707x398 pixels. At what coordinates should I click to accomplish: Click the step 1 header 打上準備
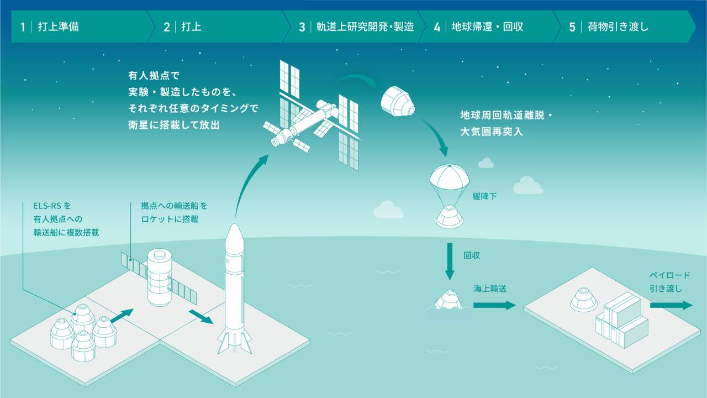coord(59,27)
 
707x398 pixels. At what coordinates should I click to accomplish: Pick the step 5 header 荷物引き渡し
coord(615,27)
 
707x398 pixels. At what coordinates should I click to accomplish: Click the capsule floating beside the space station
coord(397,101)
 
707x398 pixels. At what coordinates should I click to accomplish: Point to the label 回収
coord(471,256)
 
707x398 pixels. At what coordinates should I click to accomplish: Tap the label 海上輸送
coord(490,288)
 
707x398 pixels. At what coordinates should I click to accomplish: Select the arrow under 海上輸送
coord(494,305)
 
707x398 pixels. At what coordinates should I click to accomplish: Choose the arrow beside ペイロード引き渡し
coord(671,305)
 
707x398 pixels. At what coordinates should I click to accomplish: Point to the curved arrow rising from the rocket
coord(249,182)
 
